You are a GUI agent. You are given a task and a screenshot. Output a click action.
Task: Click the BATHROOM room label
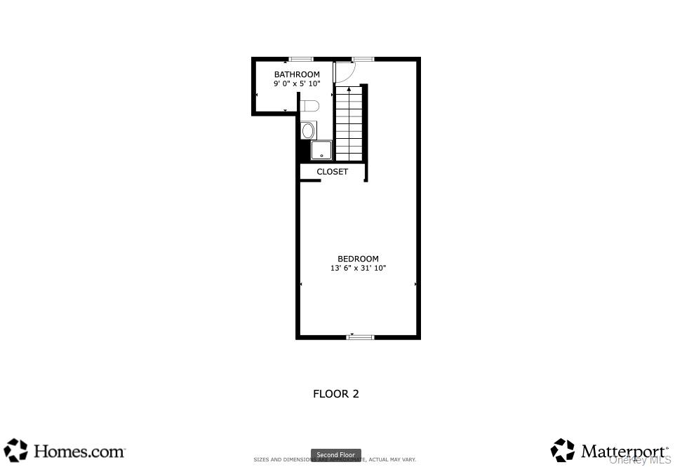click(x=297, y=74)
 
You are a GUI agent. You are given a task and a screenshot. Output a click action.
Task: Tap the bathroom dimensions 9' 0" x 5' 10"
click(x=297, y=83)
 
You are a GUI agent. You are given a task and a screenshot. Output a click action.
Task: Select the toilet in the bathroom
click(x=310, y=106)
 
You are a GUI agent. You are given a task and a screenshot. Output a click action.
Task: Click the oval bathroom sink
click(x=307, y=130)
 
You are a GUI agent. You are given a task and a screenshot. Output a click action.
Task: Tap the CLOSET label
click(x=332, y=172)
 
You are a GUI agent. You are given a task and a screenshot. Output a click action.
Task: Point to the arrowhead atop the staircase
click(x=349, y=89)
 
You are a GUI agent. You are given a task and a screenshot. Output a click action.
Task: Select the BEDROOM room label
click(x=358, y=259)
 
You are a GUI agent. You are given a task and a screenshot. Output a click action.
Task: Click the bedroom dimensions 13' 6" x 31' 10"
click(x=358, y=268)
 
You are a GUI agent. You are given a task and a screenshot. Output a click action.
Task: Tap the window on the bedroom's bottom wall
click(x=360, y=337)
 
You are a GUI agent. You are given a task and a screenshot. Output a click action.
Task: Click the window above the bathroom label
click(x=301, y=59)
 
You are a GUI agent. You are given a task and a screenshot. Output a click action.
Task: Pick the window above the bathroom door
click(x=363, y=59)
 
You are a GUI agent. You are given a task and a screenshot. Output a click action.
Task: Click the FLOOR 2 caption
click(x=335, y=394)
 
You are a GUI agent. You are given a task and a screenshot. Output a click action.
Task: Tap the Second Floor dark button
click(x=336, y=455)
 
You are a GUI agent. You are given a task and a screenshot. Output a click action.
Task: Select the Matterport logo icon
click(x=563, y=450)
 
